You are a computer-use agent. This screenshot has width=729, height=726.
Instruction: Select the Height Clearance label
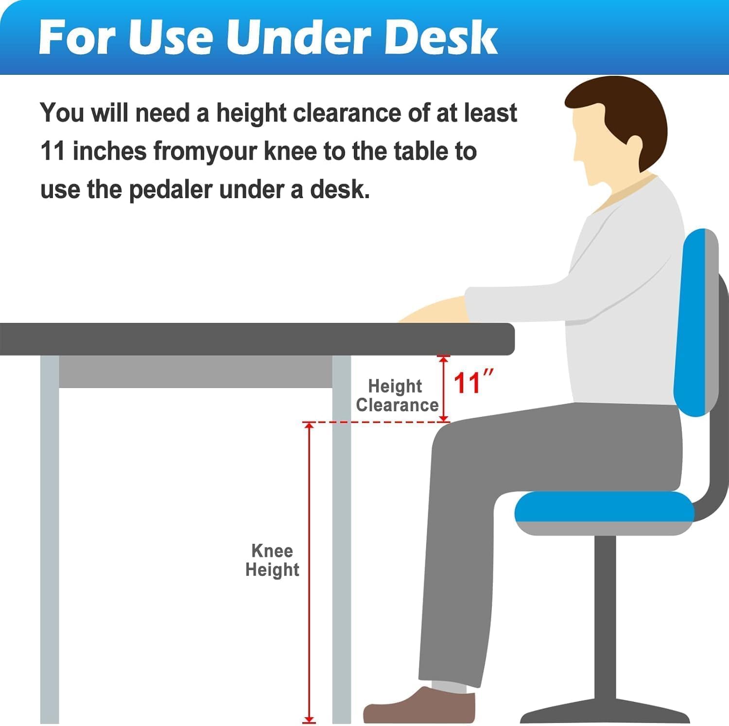click(397, 395)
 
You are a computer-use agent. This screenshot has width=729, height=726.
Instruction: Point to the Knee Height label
click(272, 560)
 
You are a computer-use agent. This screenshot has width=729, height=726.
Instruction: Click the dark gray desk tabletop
click(257, 339)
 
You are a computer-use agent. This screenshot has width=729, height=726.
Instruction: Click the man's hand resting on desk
click(433, 311)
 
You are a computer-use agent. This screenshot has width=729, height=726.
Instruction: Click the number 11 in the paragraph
click(52, 151)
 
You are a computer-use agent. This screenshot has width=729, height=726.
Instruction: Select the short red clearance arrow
click(443, 388)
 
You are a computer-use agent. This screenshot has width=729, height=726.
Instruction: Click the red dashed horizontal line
click(377, 422)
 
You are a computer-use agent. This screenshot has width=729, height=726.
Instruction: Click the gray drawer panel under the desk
click(195, 371)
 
